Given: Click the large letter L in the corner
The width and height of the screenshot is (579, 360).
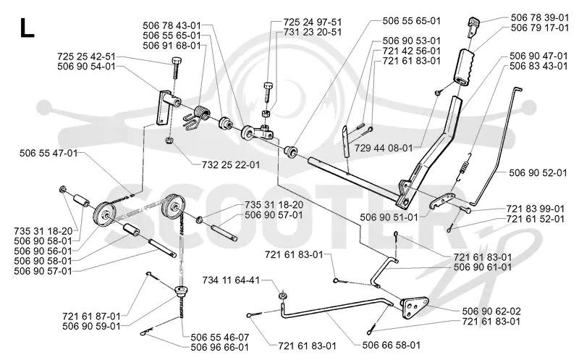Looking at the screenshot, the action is tap(27, 28).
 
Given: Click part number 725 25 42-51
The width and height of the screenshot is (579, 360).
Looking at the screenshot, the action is tap(86, 56).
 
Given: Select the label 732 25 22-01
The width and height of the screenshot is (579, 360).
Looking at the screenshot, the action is tap(231, 164).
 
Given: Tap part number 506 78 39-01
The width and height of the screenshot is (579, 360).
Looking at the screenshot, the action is tap(540, 17).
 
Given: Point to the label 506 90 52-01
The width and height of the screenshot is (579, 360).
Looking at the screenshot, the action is tap(538, 172).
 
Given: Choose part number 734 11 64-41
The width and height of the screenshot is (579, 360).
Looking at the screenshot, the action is tap(231, 280).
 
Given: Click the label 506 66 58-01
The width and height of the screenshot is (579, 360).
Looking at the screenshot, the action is tap(392, 345).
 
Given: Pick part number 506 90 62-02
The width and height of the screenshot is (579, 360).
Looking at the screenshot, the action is tap(491, 311).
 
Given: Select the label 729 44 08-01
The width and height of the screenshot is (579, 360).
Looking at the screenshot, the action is tap(384, 148).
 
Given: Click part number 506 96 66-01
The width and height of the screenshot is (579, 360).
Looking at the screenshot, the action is tap(220, 347).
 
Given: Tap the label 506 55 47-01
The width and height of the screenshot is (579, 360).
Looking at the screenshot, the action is tap(48, 153).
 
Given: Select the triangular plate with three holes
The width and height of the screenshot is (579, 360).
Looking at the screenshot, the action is tap(414, 308).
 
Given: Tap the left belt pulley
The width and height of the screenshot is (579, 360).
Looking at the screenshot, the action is tap(105, 215).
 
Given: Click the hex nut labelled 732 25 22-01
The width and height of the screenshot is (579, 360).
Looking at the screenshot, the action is tap(169, 141).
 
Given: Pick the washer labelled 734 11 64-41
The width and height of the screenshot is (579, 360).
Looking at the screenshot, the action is tap(282, 296).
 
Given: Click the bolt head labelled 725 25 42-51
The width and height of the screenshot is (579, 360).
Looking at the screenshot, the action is tap(176, 61).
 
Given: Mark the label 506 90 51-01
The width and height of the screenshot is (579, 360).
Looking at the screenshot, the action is tap(389, 217).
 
